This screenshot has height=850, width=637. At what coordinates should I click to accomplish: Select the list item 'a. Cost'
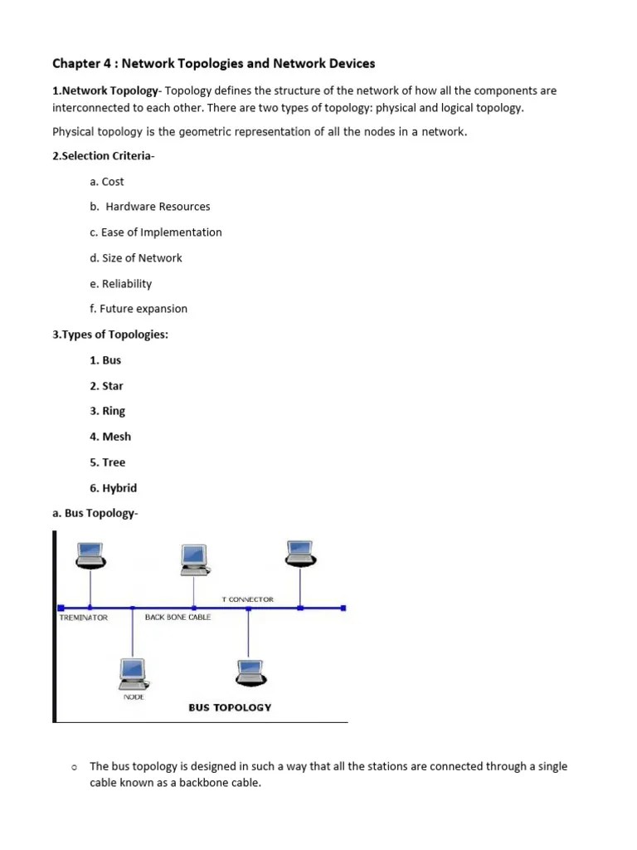(107, 182)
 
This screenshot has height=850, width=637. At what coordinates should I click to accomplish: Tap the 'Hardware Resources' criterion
(150, 207)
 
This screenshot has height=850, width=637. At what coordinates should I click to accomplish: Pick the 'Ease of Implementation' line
(156, 232)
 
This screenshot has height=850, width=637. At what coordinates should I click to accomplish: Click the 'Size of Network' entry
(136, 258)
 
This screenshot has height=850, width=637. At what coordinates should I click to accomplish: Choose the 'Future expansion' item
(139, 309)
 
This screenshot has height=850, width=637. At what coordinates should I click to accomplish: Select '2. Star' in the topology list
(106, 386)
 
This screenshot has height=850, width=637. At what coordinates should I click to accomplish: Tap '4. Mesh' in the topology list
(110, 437)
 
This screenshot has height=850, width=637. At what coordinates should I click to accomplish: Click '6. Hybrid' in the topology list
(114, 488)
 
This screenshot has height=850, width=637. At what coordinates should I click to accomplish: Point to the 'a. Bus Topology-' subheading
(95, 514)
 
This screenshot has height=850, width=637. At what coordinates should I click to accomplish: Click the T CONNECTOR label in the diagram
(247, 599)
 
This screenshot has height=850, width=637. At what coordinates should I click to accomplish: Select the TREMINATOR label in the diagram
(84, 618)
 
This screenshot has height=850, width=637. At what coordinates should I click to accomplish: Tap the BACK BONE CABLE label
(177, 618)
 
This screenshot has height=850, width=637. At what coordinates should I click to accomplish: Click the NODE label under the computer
(134, 696)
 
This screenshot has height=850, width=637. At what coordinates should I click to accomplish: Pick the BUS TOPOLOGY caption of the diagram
(230, 708)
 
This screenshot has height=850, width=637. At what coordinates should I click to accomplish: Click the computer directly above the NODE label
(133, 672)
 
